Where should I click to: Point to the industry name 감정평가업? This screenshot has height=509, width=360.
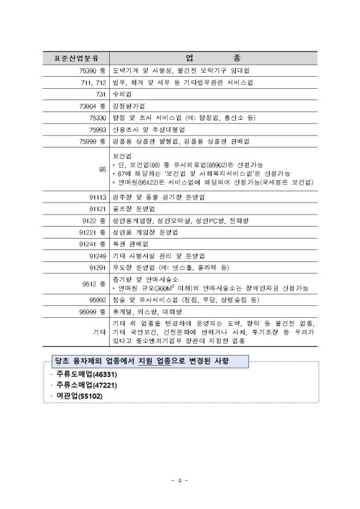129,106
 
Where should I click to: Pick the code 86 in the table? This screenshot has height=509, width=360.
103,170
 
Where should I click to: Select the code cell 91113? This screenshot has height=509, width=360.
97,197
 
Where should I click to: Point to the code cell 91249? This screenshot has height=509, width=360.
97,256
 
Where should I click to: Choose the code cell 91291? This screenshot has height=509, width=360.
97,267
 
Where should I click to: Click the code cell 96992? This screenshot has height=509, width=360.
97,299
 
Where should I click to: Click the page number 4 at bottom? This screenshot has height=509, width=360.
180,480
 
